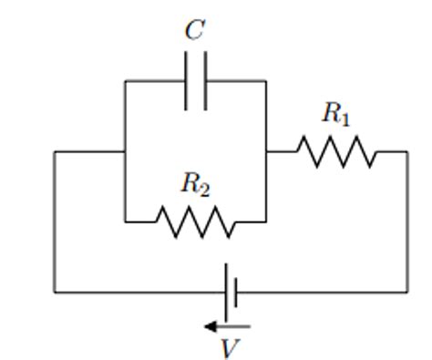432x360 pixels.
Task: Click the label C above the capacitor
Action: [x=194, y=30]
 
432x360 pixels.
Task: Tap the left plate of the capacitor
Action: [x=187, y=81]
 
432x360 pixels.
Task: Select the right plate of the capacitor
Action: [x=206, y=81]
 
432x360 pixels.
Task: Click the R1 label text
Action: [x=335, y=114]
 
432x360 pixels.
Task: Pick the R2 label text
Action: [x=194, y=184]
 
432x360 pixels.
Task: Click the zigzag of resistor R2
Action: [x=194, y=221]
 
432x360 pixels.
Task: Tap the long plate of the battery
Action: [x=224, y=293]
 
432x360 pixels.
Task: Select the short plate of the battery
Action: [x=236, y=293]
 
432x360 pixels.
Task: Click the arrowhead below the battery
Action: [x=209, y=325]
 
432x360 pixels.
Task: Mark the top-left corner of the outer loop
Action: [x=55, y=151]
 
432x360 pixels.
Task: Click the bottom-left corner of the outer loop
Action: [x=55, y=293]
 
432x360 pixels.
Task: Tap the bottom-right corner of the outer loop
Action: [x=406, y=293]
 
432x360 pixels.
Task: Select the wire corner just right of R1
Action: [x=406, y=151]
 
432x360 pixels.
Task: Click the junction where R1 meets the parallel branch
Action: [x=266, y=151]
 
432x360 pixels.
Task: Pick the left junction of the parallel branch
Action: [x=125, y=151]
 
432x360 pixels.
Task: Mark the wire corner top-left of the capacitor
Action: [x=125, y=81]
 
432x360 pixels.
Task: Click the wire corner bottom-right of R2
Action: [x=266, y=221]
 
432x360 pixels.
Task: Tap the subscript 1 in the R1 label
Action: [x=344, y=118]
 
